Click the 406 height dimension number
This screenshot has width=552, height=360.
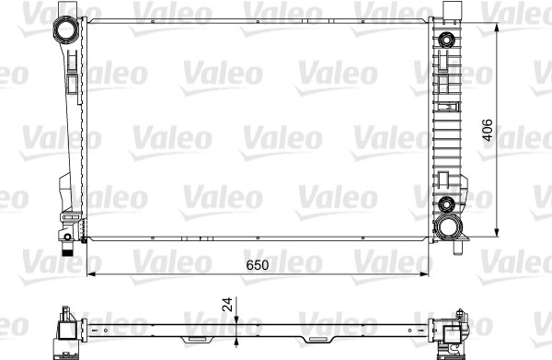(x=488, y=131)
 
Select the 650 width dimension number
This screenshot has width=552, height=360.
(x=258, y=265)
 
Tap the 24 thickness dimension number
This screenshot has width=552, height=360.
(x=227, y=304)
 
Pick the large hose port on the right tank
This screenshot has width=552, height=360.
(x=447, y=226)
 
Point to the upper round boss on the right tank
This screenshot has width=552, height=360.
(x=446, y=39)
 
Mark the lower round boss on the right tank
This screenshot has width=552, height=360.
(x=447, y=204)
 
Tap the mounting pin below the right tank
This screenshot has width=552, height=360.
(x=457, y=248)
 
